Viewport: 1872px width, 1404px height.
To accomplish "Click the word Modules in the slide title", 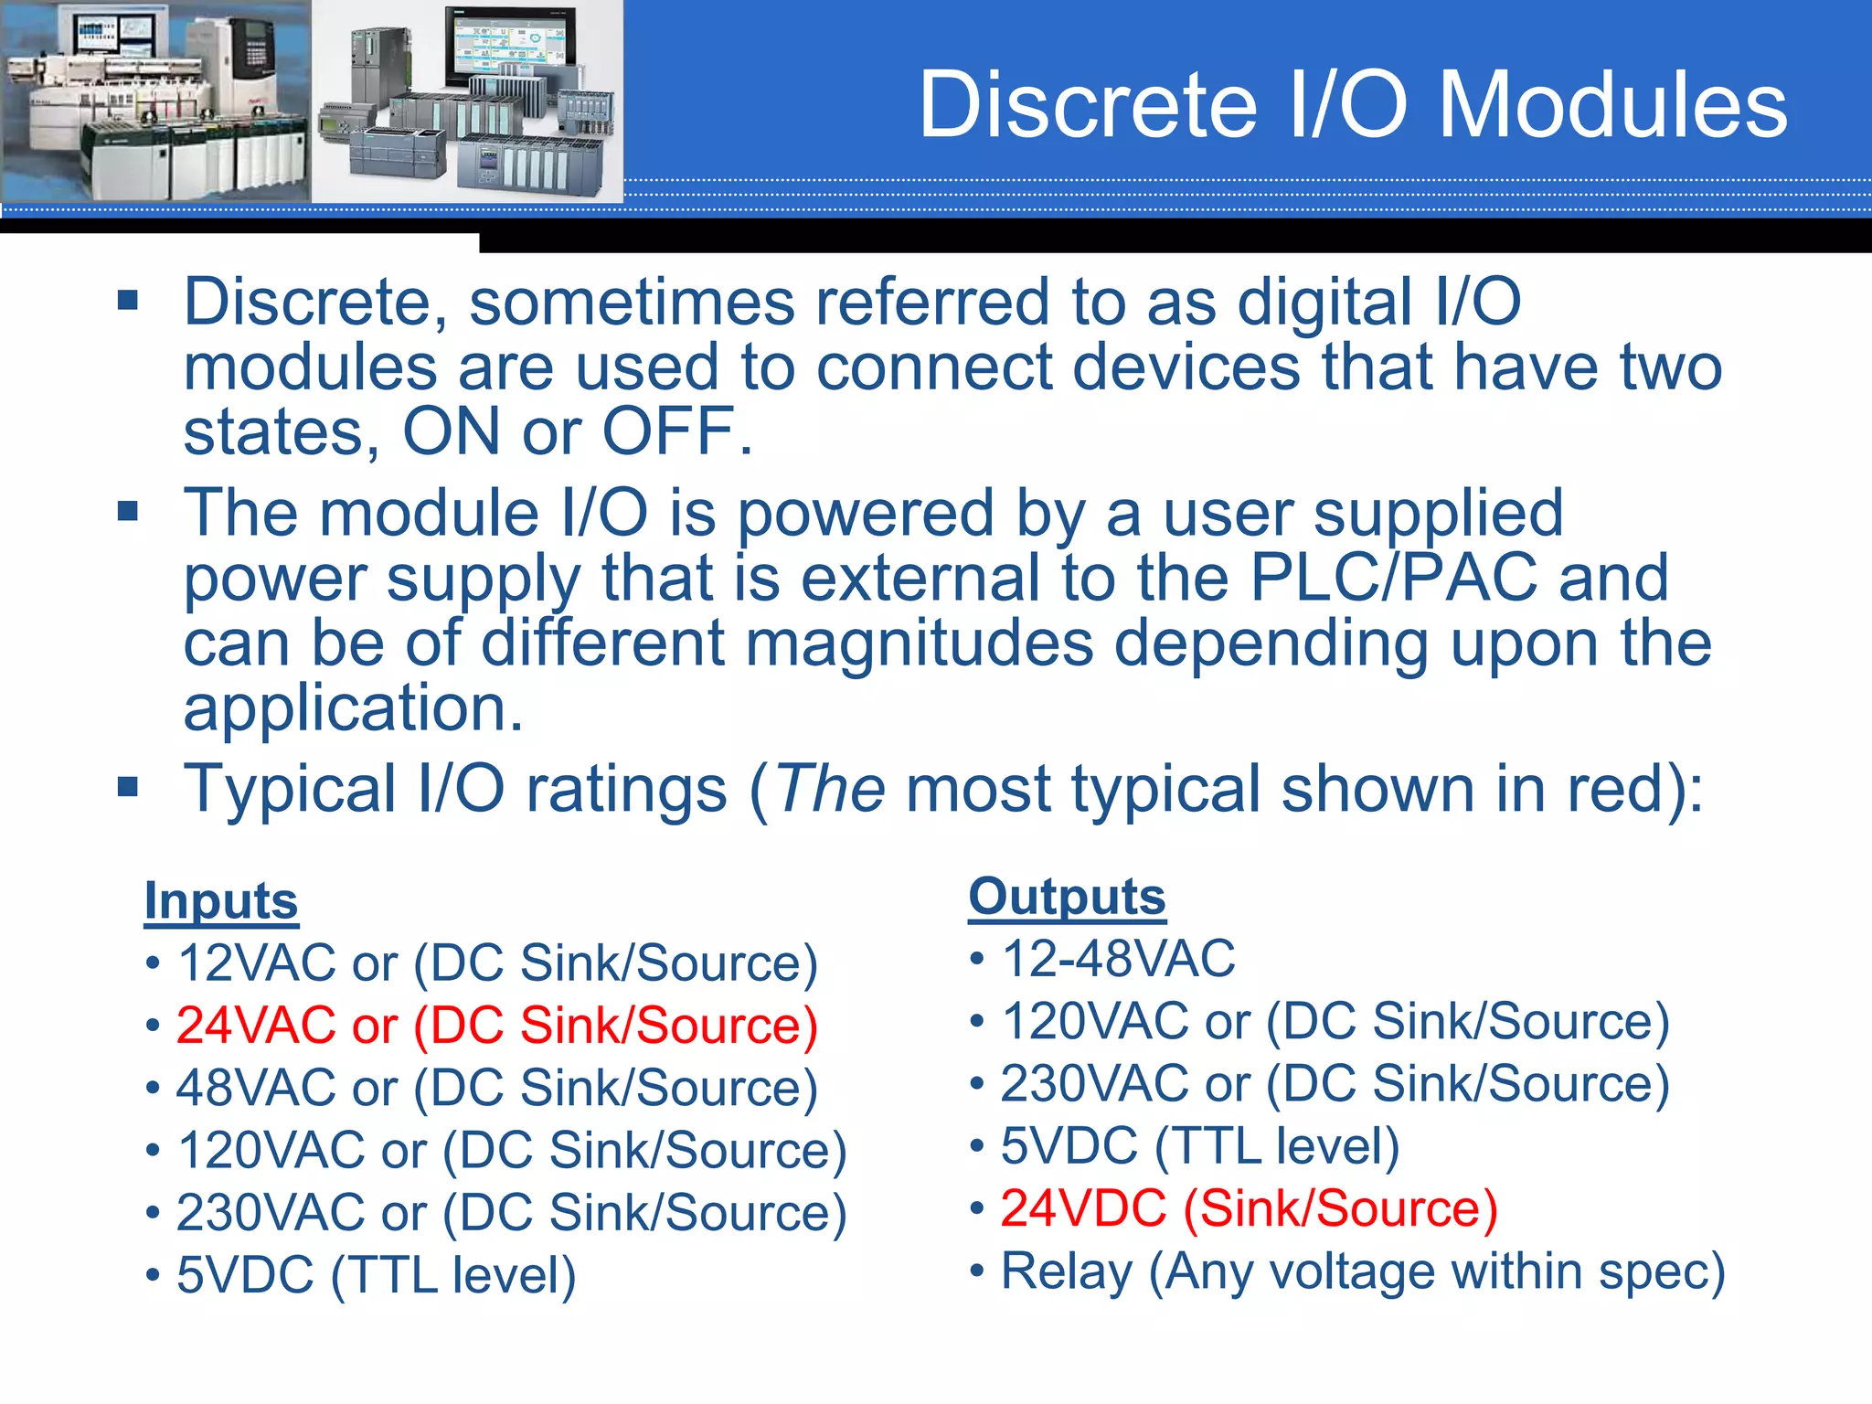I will click(x=1613, y=106).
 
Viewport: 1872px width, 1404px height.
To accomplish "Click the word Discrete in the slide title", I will click(x=1088, y=106).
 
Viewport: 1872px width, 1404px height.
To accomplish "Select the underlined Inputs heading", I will click(x=221, y=901).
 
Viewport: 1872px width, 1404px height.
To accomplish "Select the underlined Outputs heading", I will click(x=1067, y=897).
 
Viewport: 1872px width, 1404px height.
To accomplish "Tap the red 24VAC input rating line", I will click(x=496, y=1026).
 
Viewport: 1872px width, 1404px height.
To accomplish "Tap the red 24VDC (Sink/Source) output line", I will click(x=1249, y=1208).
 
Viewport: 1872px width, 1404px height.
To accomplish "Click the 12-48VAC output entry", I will click(x=1118, y=959).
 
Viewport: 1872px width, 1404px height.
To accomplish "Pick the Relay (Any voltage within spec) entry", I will click(x=1362, y=1271).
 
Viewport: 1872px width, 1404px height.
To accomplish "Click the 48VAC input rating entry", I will click(x=496, y=1088).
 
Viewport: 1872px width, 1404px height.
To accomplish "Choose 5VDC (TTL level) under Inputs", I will click(x=376, y=1275).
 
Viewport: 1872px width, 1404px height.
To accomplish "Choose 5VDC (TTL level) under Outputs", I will click(x=1199, y=1146).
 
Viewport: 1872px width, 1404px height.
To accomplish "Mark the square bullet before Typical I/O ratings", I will click(x=128, y=787).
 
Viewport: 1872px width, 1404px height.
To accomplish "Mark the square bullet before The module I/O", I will click(x=128, y=511).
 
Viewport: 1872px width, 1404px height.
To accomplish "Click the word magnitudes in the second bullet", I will click(x=919, y=643).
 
